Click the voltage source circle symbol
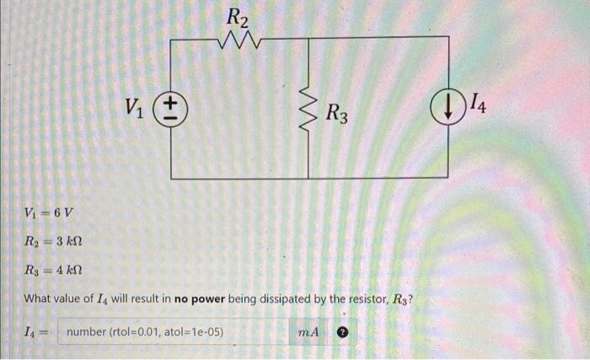point(172,108)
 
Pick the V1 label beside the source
point(135,106)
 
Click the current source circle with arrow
point(443,107)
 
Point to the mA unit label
point(308,332)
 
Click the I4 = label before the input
point(39,332)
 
